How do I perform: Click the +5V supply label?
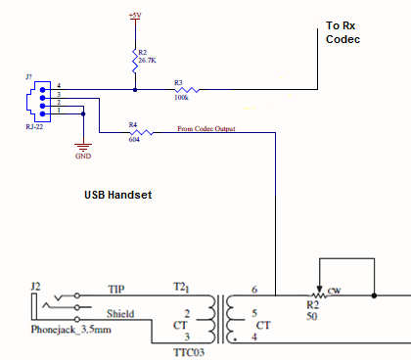(x=135, y=15)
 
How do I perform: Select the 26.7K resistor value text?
(x=148, y=62)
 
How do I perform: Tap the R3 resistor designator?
(x=178, y=81)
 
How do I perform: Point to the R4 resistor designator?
(x=132, y=125)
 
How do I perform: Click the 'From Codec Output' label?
(x=206, y=128)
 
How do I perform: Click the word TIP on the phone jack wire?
(x=118, y=291)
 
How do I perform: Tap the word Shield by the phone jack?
(x=122, y=314)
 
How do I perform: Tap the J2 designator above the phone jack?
(x=36, y=285)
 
